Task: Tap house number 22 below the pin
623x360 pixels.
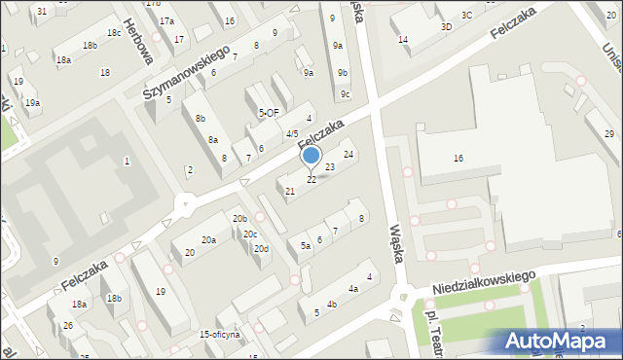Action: [311, 180]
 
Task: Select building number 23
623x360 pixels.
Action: [330, 167]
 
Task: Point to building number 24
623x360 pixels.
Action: [348, 155]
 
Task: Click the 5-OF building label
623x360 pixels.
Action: [269, 113]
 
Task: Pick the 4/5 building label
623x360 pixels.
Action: [292, 133]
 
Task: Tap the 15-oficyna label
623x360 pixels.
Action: [219, 334]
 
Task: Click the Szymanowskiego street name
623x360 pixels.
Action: [185, 71]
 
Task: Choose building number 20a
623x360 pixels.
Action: [208, 239]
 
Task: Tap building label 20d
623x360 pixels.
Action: [261, 249]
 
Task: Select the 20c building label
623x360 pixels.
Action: [250, 234]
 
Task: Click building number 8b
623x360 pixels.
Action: [200, 119]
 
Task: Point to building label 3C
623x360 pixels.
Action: [467, 15]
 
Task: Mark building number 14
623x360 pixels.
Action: [403, 40]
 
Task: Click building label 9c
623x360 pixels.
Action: [346, 94]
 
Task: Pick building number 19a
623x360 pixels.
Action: [32, 102]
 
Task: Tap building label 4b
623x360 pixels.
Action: [332, 305]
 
